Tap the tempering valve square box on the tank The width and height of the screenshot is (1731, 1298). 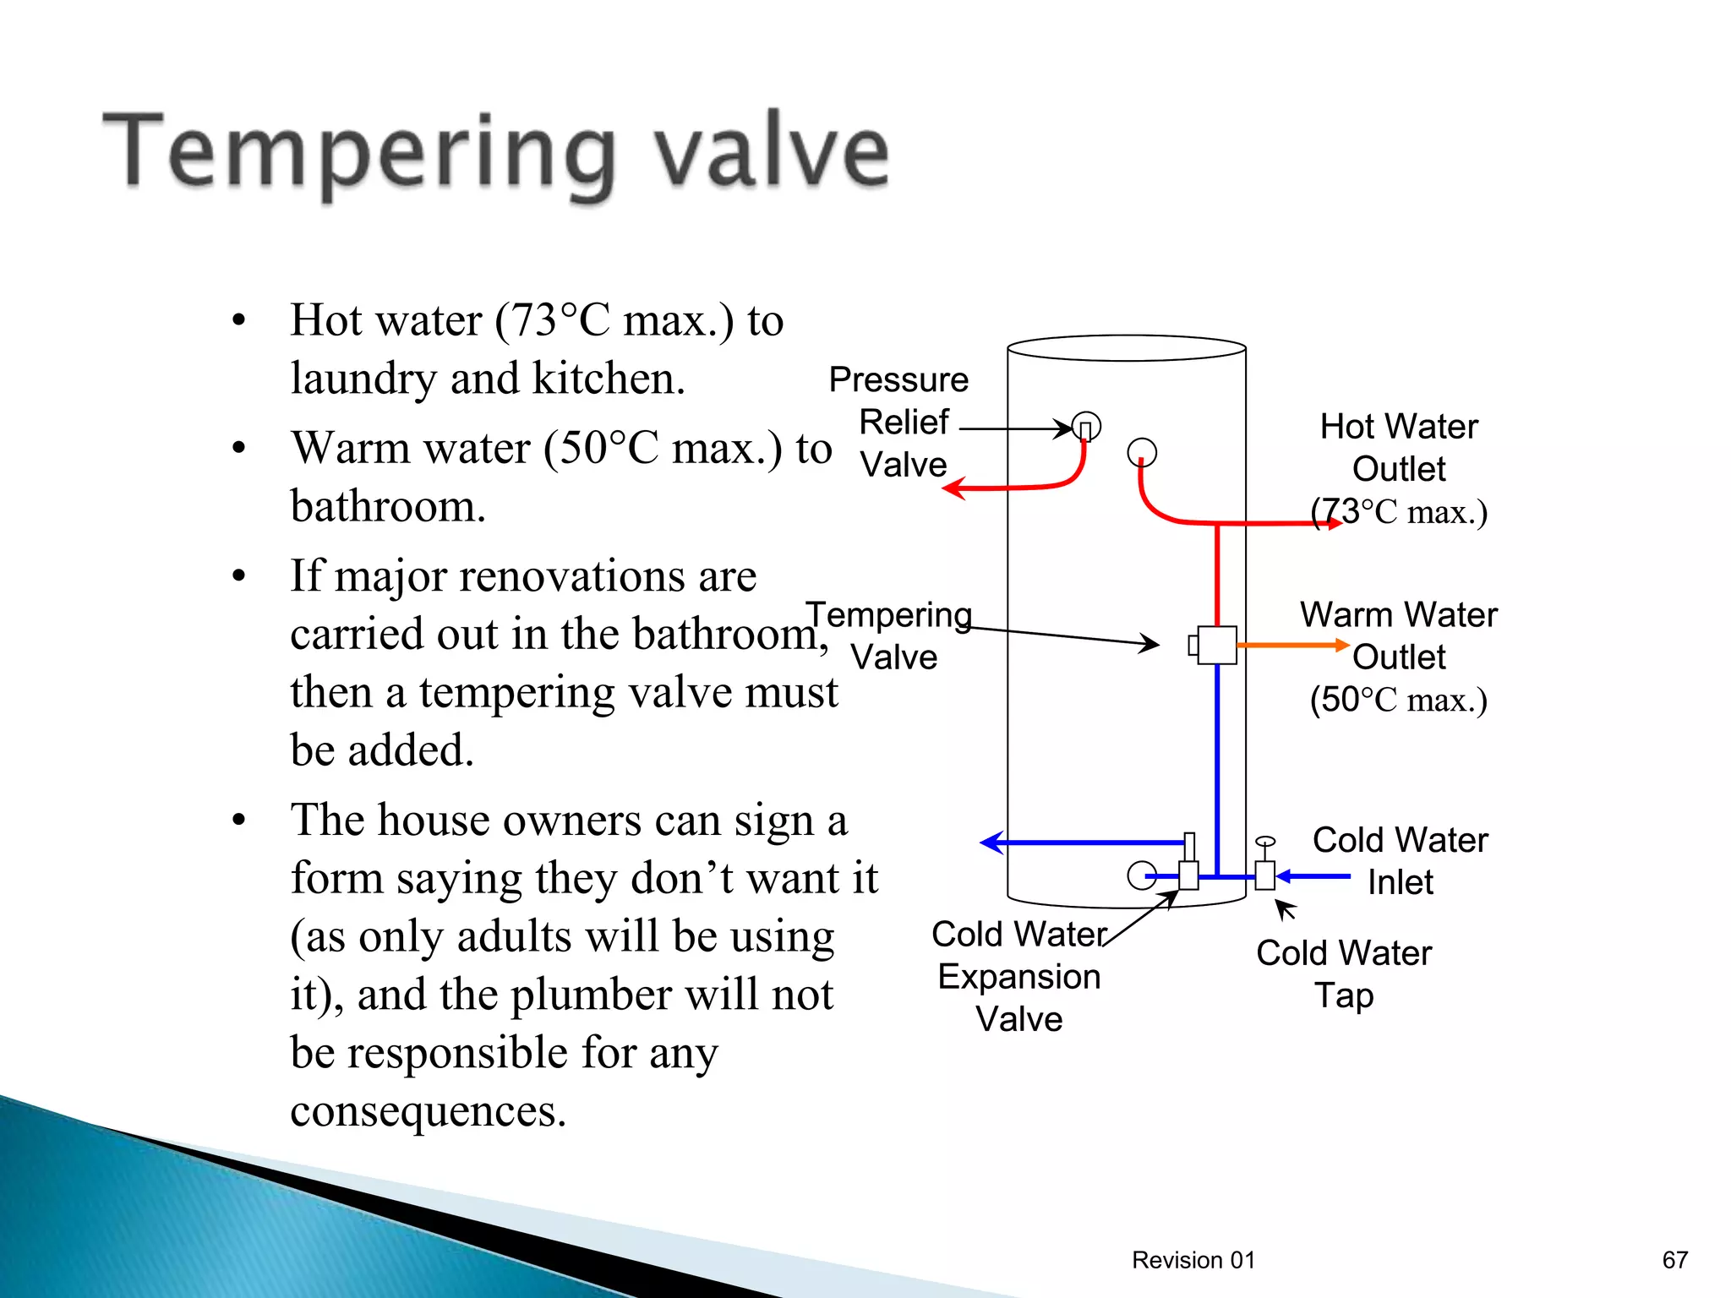1216,646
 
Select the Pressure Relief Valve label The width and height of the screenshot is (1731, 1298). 901,422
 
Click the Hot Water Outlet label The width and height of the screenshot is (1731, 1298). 1399,448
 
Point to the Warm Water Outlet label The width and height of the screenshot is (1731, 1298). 1399,635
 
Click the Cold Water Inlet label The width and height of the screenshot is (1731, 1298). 1401,861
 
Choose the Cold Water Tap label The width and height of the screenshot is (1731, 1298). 1344,973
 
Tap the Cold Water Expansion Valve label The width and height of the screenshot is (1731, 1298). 1019,977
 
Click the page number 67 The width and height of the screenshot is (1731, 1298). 1674,1260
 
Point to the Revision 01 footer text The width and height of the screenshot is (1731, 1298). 1193,1260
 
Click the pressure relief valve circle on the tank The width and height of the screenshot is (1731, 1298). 1086,426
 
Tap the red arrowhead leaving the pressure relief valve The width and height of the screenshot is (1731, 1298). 954,488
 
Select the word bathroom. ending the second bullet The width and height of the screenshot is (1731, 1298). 388,506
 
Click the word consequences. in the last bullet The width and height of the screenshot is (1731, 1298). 428,1110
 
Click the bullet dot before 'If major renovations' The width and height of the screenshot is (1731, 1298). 239,576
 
